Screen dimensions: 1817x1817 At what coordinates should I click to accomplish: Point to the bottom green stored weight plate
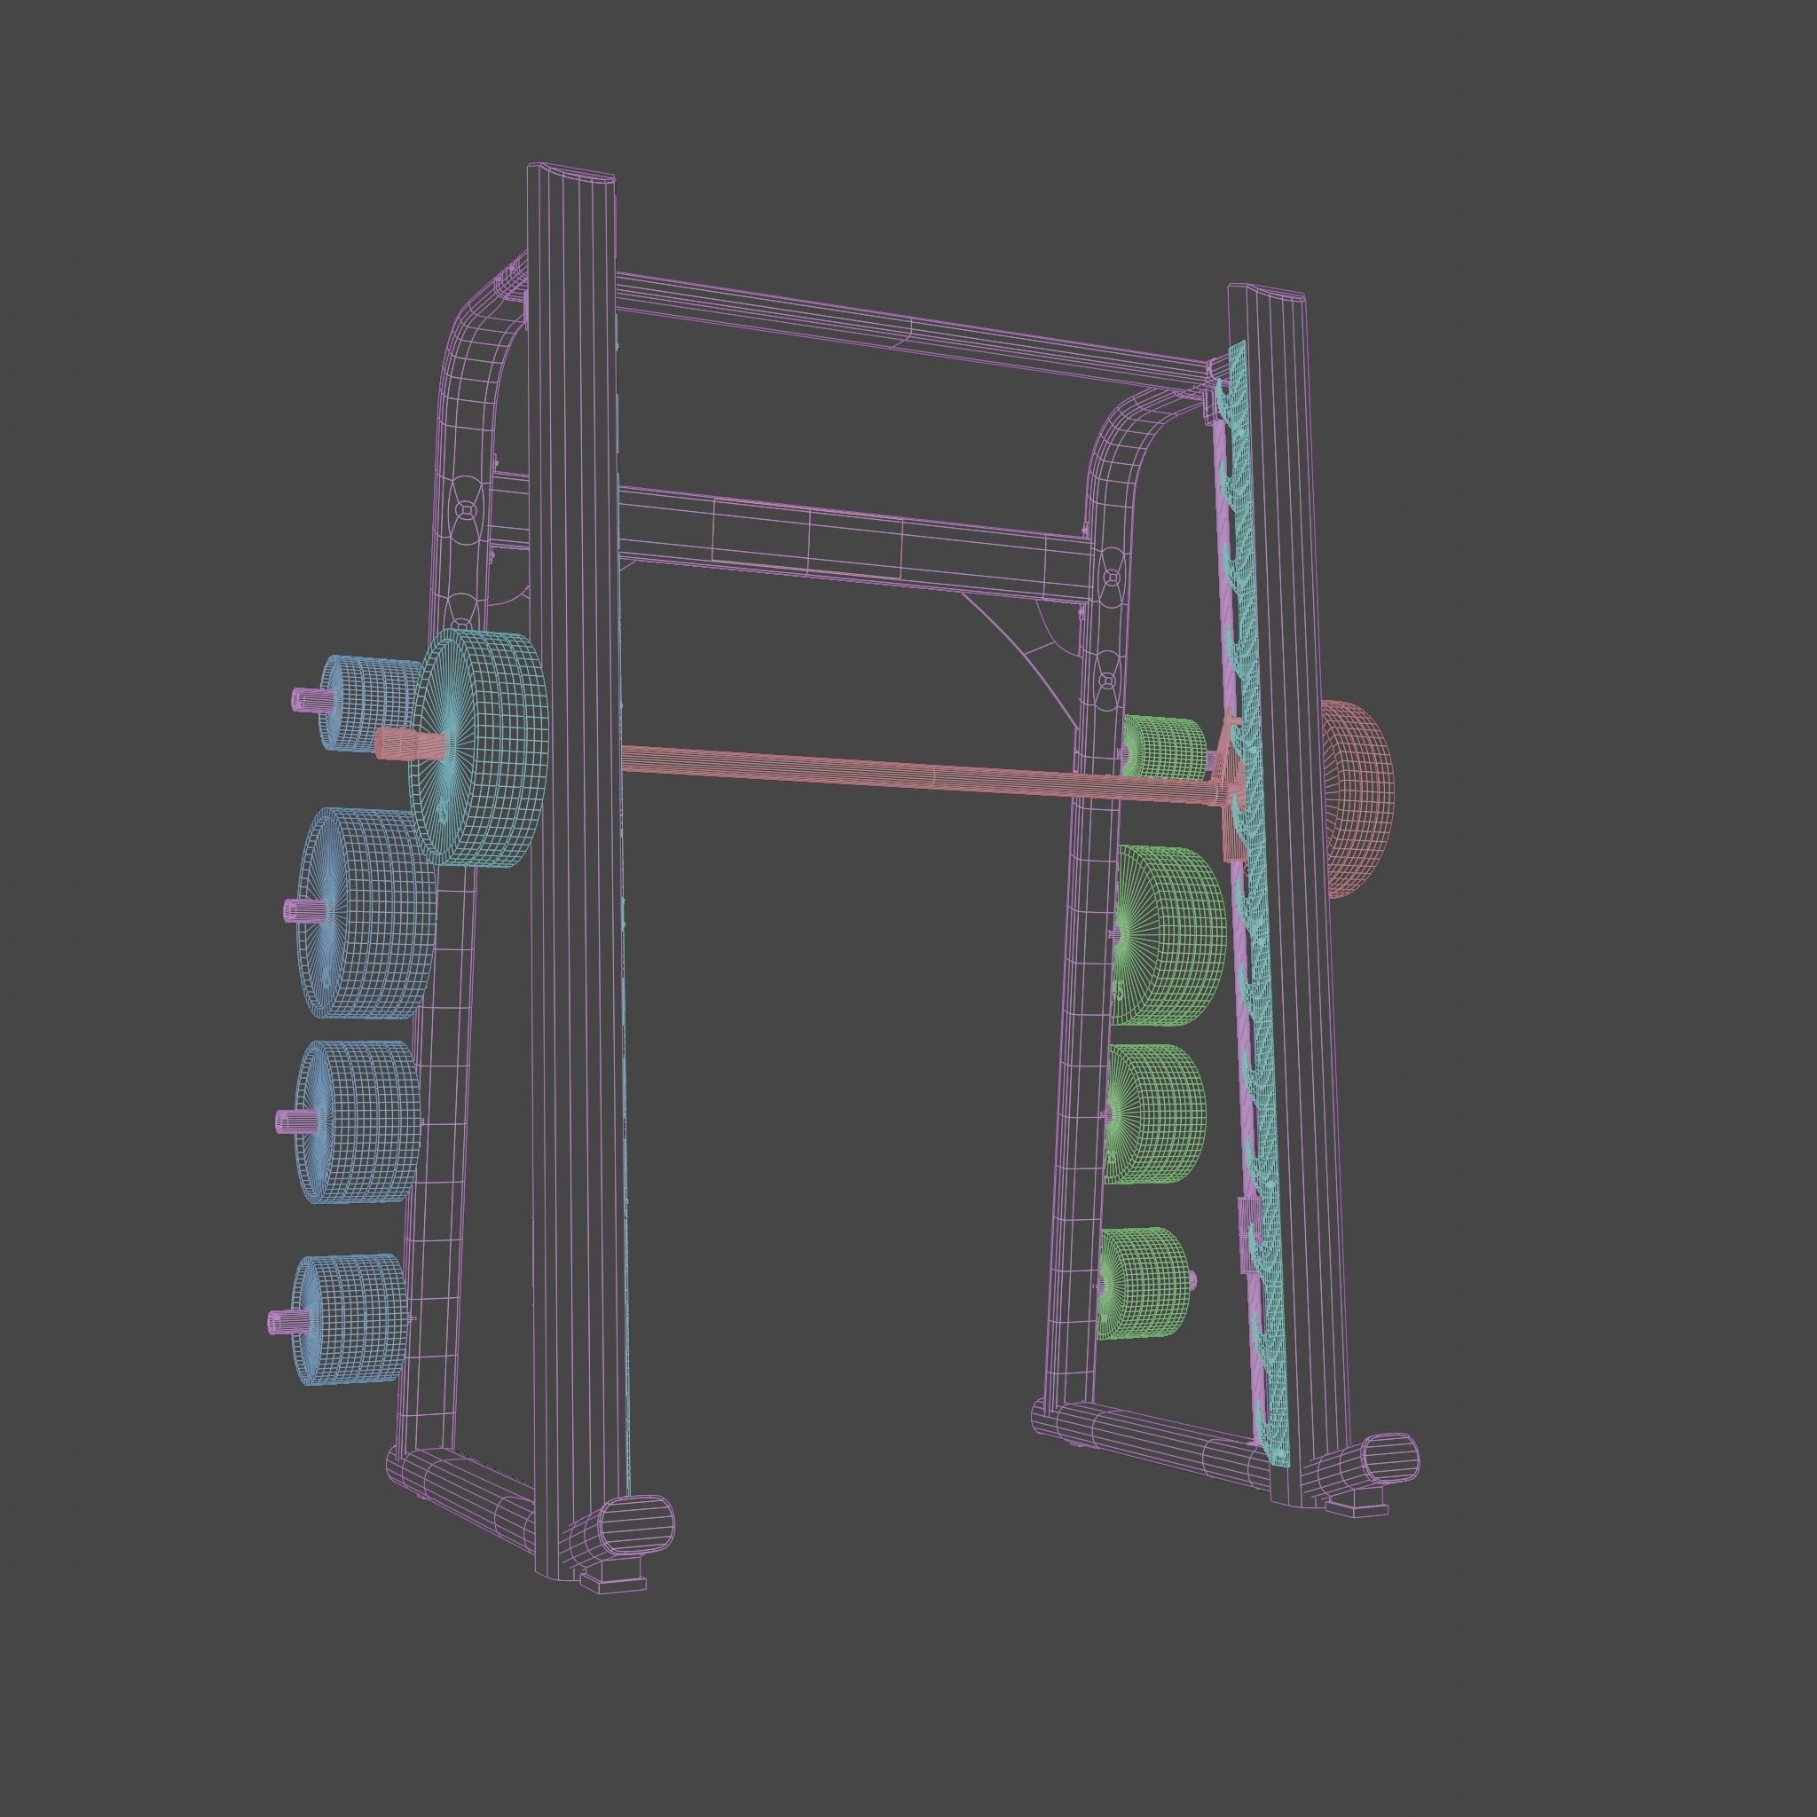(1143, 1282)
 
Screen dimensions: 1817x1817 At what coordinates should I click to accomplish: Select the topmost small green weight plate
(1164, 749)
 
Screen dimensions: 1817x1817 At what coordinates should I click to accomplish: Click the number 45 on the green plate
(1118, 990)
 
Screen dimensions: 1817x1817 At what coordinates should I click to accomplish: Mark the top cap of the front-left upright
(570, 175)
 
